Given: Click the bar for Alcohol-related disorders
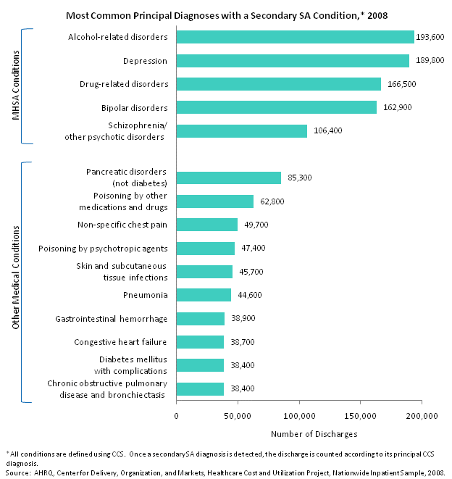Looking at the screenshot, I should pyautogui.click(x=295, y=37).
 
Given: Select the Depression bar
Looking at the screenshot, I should pyautogui.click(x=293, y=60).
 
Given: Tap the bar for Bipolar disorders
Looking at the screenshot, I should pyautogui.click(x=276, y=107).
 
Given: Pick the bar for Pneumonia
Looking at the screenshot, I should pyautogui.click(x=204, y=295).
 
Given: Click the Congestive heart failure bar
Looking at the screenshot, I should pyautogui.click(x=200, y=341).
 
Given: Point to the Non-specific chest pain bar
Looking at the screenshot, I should pyautogui.click(x=206, y=225).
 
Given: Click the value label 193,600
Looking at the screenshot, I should pyautogui.click(x=430, y=37).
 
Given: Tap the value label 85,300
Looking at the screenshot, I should pyautogui.click(x=299, y=178).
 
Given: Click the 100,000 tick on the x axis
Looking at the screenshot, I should pyautogui.click(x=299, y=416).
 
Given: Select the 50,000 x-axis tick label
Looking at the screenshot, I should pyautogui.click(x=238, y=416).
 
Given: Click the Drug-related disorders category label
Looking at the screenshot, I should pyautogui.click(x=124, y=84).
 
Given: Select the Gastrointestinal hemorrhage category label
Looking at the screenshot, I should pyautogui.click(x=112, y=318).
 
